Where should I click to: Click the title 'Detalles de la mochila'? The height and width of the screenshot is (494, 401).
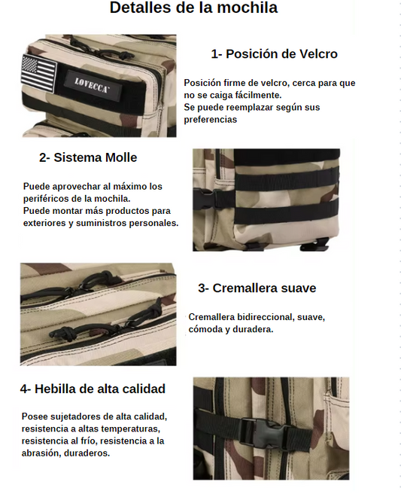click(x=193, y=8)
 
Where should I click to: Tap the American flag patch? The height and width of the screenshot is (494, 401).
click(x=39, y=73)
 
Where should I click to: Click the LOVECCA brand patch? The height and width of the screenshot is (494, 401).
click(x=92, y=85)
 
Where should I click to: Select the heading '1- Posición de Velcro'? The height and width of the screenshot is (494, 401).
click(x=274, y=54)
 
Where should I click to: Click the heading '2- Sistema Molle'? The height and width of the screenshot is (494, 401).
click(x=88, y=157)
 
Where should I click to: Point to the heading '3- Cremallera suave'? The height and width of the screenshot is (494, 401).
click(x=257, y=288)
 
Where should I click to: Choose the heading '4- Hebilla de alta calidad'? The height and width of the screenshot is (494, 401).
click(x=93, y=389)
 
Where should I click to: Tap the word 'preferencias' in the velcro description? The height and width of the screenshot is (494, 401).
click(x=210, y=120)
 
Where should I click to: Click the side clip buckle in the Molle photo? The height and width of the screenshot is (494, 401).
click(x=204, y=199)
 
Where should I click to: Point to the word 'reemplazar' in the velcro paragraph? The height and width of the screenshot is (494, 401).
click(x=250, y=108)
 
